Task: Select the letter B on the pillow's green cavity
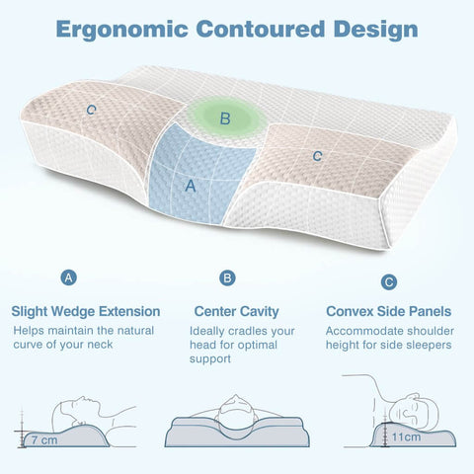(225, 119)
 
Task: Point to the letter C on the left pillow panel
(91, 110)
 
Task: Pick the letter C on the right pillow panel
(317, 156)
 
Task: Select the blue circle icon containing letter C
(389, 282)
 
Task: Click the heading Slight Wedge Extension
(86, 311)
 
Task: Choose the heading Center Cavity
(236, 311)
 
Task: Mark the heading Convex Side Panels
(391, 311)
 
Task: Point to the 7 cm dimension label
(43, 438)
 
